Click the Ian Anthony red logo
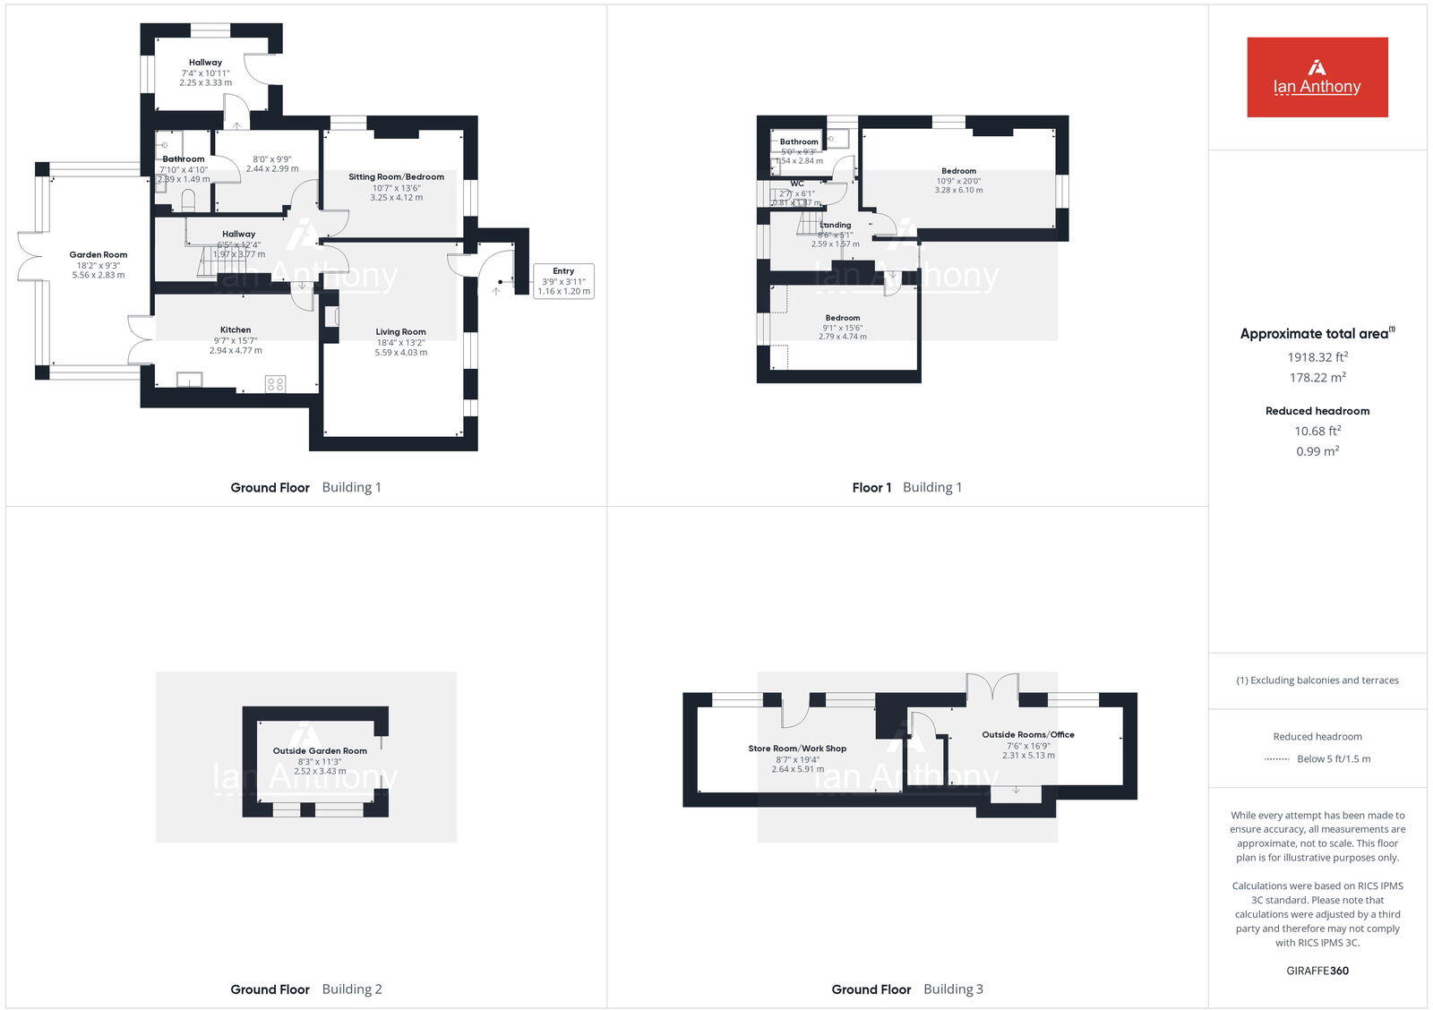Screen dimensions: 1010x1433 point(1317,77)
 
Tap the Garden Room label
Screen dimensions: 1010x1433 point(99,255)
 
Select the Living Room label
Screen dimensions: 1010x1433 point(400,332)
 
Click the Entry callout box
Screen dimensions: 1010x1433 point(563,281)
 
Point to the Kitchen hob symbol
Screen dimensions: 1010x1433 point(275,384)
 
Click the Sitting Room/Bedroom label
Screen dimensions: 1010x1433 point(396,177)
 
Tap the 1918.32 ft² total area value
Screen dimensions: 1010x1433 point(1317,357)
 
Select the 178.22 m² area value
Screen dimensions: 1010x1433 point(1317,378)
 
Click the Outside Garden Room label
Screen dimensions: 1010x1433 point(320,751)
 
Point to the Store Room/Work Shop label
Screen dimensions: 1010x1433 point(797,749)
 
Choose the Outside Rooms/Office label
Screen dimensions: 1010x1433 point(1027,735)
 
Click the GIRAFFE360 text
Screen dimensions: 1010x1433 point(1317,971)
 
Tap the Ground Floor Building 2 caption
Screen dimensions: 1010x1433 point(306,989)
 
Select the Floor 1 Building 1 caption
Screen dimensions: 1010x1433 point(906,488)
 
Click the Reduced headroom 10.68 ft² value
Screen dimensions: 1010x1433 point(1317,432)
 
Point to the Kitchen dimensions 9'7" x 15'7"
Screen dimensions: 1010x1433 point(236,340)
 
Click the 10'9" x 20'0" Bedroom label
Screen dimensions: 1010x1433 point(958,181)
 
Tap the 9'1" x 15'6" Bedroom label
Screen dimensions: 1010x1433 point(842,328)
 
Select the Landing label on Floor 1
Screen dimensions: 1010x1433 point(836,226)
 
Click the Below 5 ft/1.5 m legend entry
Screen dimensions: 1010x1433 point(1333,759)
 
